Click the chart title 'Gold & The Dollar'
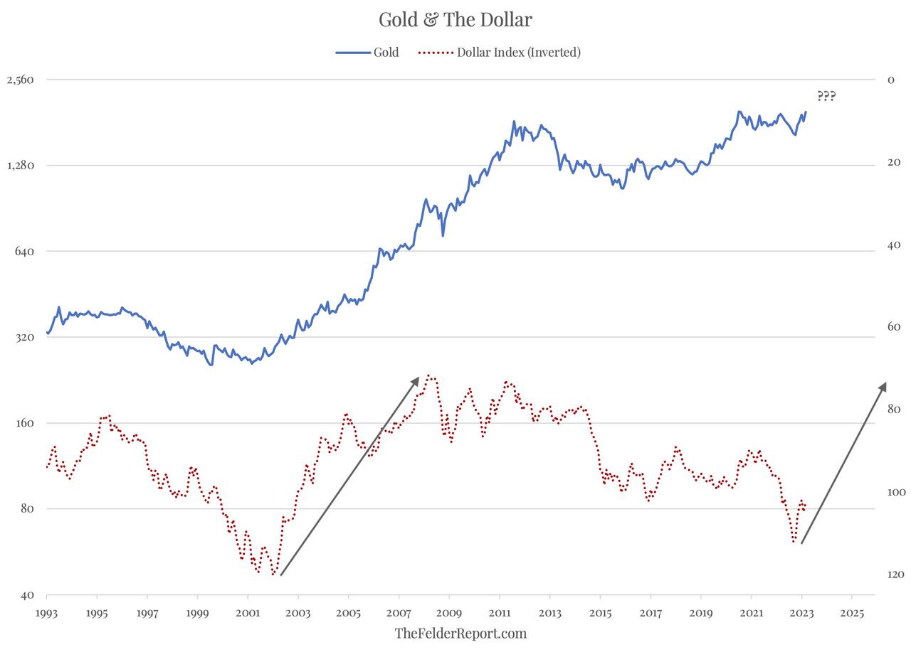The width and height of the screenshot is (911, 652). [x=455, y=20]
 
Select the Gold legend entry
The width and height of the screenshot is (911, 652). [x=367, y=52]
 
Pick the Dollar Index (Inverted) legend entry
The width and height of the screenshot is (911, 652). [x=500, y=52]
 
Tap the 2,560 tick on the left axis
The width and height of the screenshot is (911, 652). [x=20, y=80]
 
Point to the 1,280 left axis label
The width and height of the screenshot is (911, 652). [x=20, y=166]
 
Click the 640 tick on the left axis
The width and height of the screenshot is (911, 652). [x=25, y=251]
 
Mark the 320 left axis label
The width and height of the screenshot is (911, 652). [x=25, y=337]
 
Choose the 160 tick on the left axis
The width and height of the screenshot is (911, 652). [x=25, y=423]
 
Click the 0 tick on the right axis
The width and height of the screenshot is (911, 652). [x=890, y=80]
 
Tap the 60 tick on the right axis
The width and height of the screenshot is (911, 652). [x=893, y=327]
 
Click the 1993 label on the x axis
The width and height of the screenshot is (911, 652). [x=46, y=612]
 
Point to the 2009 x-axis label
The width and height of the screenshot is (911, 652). [x=449, y=612]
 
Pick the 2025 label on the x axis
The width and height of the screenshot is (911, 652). [x=851, y=612]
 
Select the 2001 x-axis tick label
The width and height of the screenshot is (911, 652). [x=248, y=612]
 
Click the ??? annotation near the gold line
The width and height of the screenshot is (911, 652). [x=826, y=96]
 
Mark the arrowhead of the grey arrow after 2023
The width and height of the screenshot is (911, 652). [x=884, y=385]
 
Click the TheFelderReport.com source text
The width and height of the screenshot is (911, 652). [x=460, y=633]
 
